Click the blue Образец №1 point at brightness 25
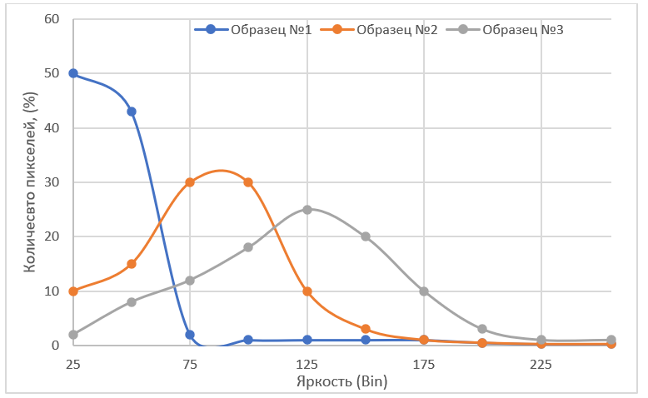pos(73,73)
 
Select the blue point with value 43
pos(132,112)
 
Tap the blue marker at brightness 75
pos(190,335)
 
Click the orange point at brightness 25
pos(73,291)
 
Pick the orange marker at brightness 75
pos(190,182)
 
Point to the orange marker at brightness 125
pos(307,291)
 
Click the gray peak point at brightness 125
pos(307,210)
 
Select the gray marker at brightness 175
pos(424,291)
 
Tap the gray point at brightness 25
pos(73,335)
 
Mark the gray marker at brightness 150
pos(366,236)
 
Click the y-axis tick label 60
pos(52,19)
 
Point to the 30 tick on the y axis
pos(52,182)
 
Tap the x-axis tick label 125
pos(307,364)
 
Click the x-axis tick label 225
pos(541,364)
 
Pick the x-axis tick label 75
pos(190,364)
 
